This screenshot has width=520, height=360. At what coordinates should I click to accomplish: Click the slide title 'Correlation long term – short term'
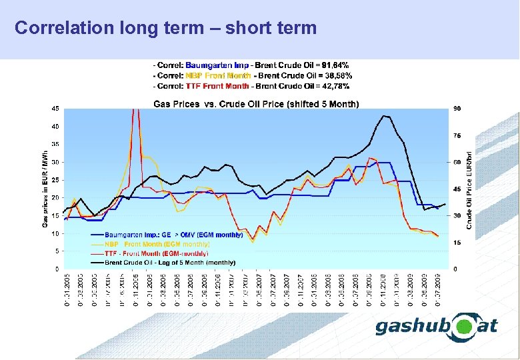point(165,28)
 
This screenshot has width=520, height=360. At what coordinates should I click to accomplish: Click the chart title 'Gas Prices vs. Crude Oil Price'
point(256,104)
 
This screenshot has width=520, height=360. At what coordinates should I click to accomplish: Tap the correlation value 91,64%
point(335,65)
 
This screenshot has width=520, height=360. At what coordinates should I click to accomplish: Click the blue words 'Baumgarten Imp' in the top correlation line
point(217,65)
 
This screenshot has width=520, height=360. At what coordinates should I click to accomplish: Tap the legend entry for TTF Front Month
point(157,253)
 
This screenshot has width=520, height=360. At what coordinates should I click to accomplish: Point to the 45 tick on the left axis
point(55,108)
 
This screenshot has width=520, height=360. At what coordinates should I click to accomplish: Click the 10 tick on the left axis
point(55,233)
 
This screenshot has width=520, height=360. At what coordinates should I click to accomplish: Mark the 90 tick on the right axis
point(457,108)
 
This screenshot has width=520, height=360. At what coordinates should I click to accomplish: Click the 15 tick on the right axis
point(457,243)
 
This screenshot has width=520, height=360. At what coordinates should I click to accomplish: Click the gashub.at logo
point(437,326)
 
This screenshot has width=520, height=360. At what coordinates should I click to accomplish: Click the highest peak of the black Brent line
point(384,116)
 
